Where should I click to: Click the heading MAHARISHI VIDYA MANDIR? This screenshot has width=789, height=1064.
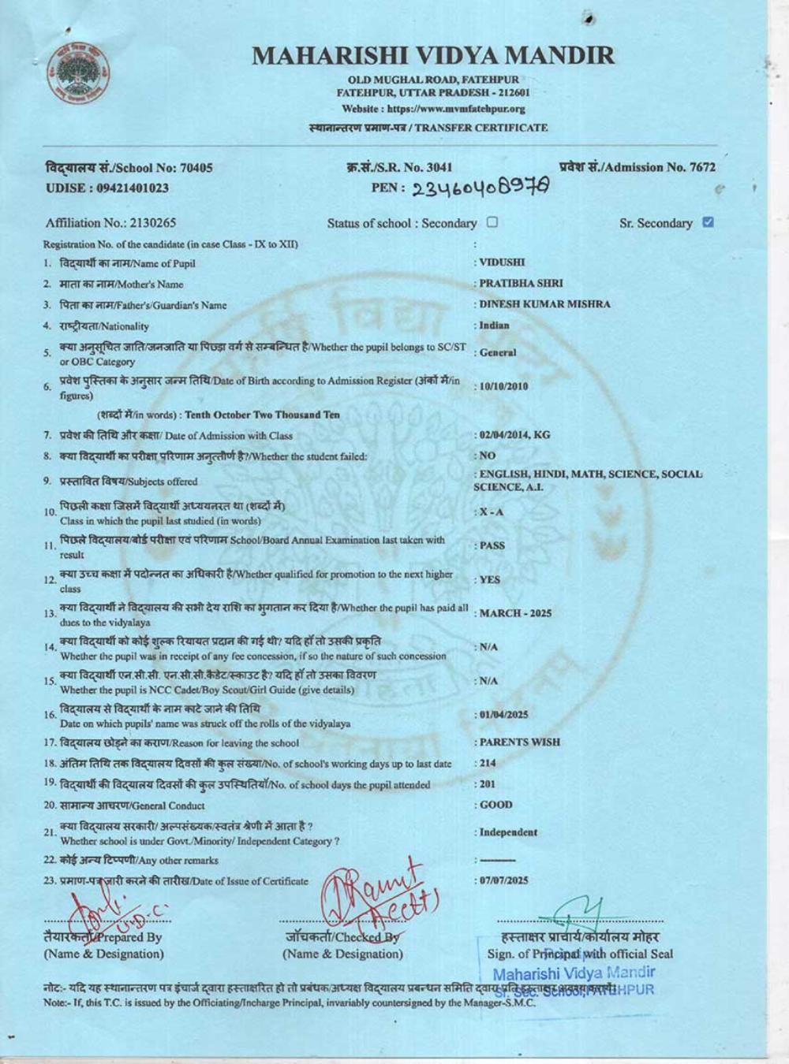433,55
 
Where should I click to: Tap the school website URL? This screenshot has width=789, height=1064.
434,109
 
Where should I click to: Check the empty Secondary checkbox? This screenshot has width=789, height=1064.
492,222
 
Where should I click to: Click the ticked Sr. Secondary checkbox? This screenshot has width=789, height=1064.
708,222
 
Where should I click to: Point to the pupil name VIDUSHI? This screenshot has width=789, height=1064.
502,262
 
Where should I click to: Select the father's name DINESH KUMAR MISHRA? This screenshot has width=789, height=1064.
544,304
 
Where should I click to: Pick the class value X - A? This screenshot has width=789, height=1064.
492,512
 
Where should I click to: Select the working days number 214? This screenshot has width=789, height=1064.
488,763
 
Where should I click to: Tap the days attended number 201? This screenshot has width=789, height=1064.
488,784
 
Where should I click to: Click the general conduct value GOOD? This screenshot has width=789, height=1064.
495,805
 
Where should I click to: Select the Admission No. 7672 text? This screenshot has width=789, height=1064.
638,166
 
